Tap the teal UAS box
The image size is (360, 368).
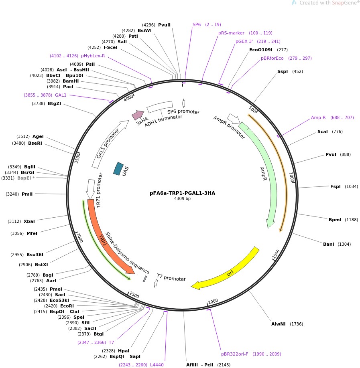coord(118,168)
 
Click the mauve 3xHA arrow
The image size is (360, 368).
coord(138,115)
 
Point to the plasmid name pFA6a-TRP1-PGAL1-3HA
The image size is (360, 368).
coord(182,193)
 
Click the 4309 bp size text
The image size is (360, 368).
coord(182,198)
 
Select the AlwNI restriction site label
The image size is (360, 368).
coord(279,324)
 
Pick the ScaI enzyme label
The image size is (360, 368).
coord(322,131)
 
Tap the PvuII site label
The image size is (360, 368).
coord(164,25)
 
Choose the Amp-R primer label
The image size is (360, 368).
coord(318,117)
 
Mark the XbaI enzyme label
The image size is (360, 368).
coord(29,221)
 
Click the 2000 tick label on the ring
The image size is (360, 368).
coord(213,301)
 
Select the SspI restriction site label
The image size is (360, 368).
coord(283,72)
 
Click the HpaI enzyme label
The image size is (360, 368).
coord(124,351)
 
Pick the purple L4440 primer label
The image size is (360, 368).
coord(157,365)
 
